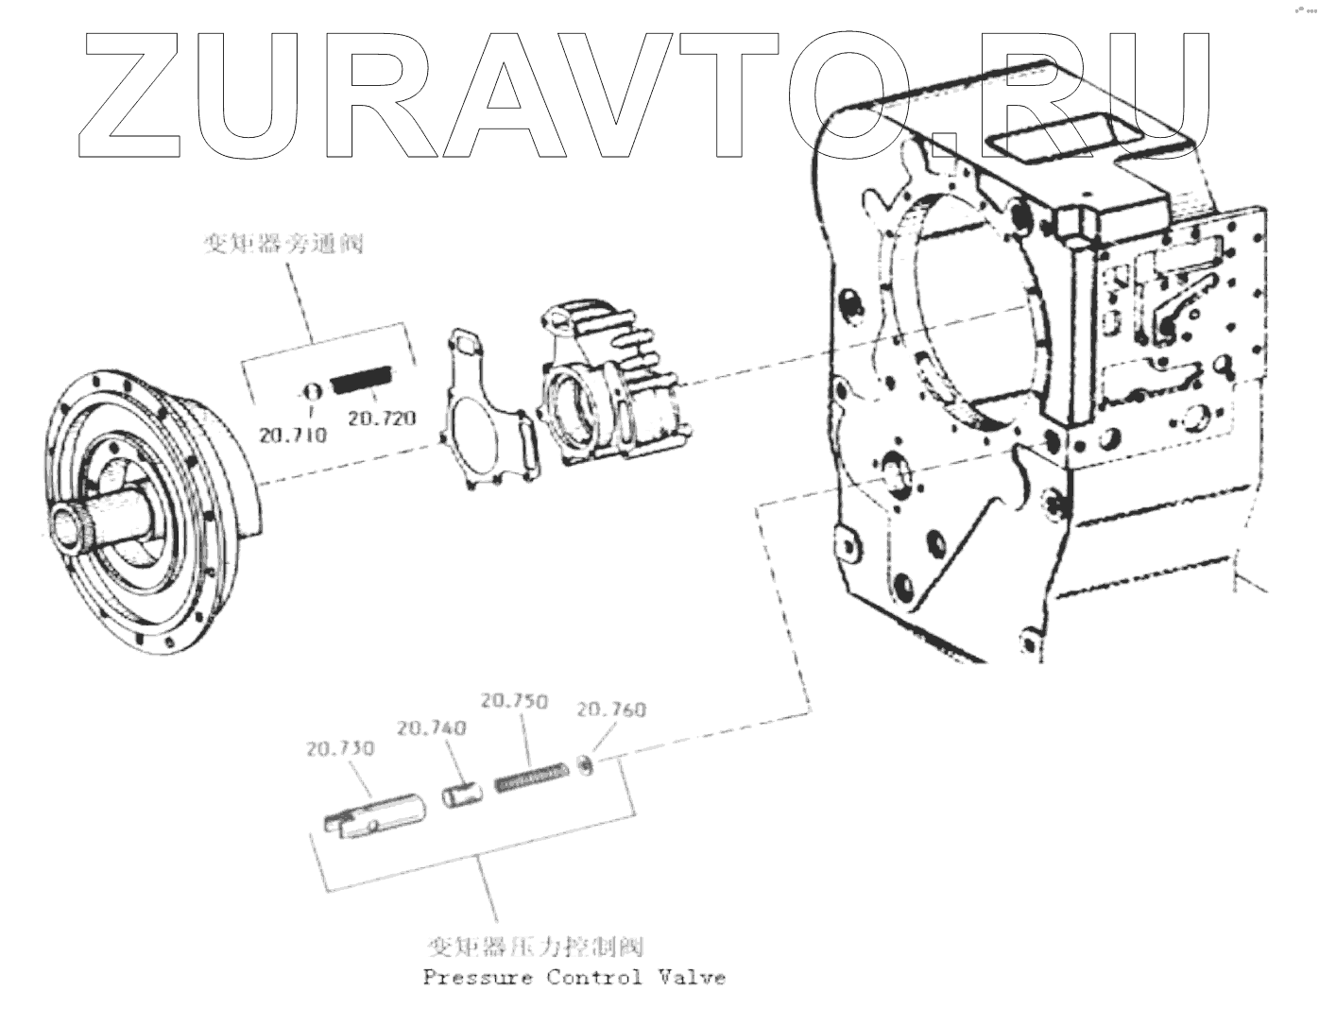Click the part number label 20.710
(x=293, y=435)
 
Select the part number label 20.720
(x=382, y=418)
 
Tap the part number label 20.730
(x=340, y=748)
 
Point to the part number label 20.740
(x=431, y=727)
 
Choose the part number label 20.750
(x=513, y=701)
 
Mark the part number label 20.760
(x=611, y=709)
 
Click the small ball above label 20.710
(x=310, y=390)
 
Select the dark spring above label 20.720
(x=361, y=381)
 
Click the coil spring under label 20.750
(x=532, y=777)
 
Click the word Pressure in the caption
(x=477, y=977)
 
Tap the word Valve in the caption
(x=693, y=977)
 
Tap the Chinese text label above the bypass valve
(x=283, y=245)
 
